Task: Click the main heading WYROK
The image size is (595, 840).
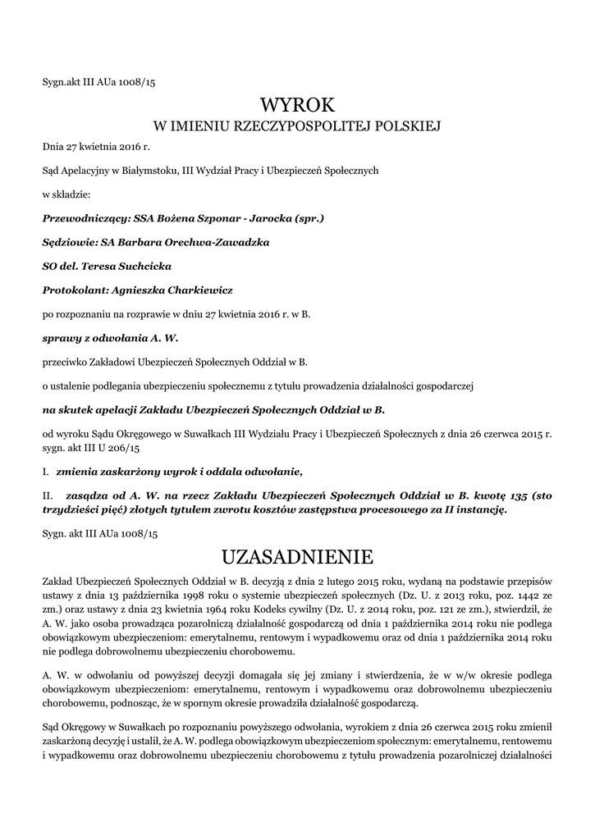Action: tap(297, 105)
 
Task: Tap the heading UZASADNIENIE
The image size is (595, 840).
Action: tap(297, 558)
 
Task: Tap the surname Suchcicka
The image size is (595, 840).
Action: tap(140, 266)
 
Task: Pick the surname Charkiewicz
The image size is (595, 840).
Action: tap(200, 290)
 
